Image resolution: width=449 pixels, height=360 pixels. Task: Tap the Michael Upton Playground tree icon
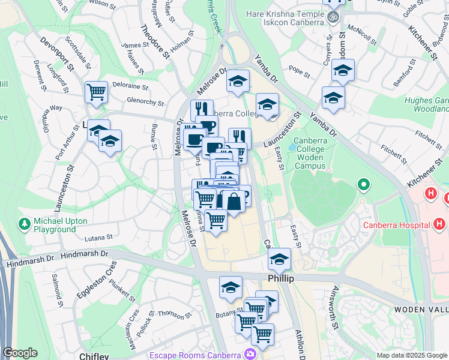[25, 224]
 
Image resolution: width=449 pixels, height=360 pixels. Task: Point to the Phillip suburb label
[279, 278]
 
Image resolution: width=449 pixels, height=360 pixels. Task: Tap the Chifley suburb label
[94, 356]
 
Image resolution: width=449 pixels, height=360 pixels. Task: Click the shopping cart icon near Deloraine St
[96, 92]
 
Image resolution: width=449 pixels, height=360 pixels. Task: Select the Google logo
[20, 353]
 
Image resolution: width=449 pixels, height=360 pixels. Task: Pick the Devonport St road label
[56, 52]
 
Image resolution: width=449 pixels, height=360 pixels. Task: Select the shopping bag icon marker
[235, 201]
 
